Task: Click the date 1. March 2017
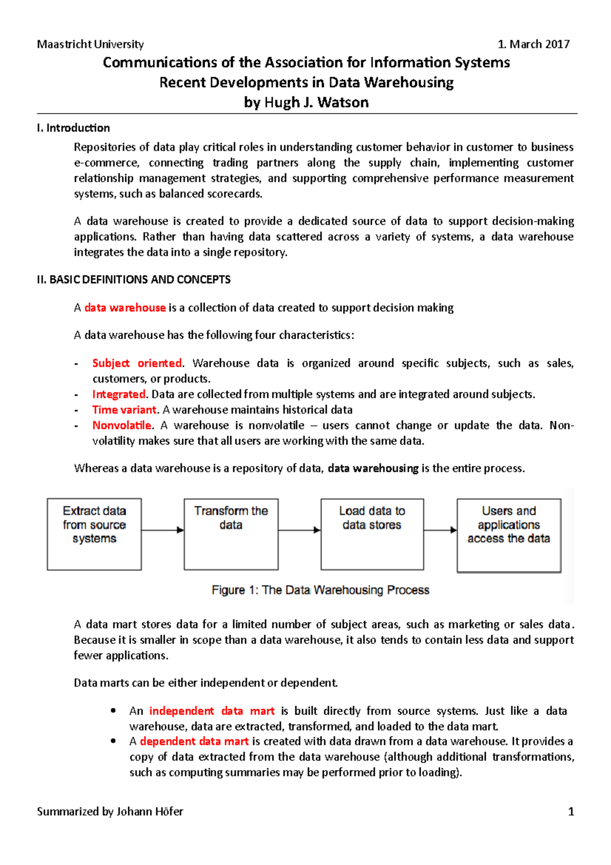pyautogui.click(x=533, y=44)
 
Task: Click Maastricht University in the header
pyautogui.click(x=90, y=44)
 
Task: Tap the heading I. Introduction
pyautogui.click(x=73, y=128)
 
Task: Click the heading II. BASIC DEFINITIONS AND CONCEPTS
pyautogui.click(x=133, y=280)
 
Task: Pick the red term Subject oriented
pyautogui.click(x=137, y=363)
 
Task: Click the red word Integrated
pyautogui.click(x=119, y=394)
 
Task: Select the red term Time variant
pyautogui.click(x=124, y=410)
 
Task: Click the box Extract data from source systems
pyautogui.click(x=94, y=534)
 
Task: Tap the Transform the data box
pyautogui.click(x=231, y=534)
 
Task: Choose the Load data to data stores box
pyautogui.click(x=372, y=534)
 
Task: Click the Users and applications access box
pyautogui.click(x=509, y=535)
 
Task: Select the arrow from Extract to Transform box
pyautogui.click(x=162, y=530)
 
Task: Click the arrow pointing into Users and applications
pyautogui.click(x=440, y=530)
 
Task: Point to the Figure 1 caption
pyautogui.click(x=320, y=590)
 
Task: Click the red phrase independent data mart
pyautogui.click(x=211, y=711)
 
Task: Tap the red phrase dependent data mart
pyautogui.click(x=194, y=742)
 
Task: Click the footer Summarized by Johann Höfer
pyautogui.click(x=110, y=812)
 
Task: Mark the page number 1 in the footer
pyautogui.click(x=571, y=812)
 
